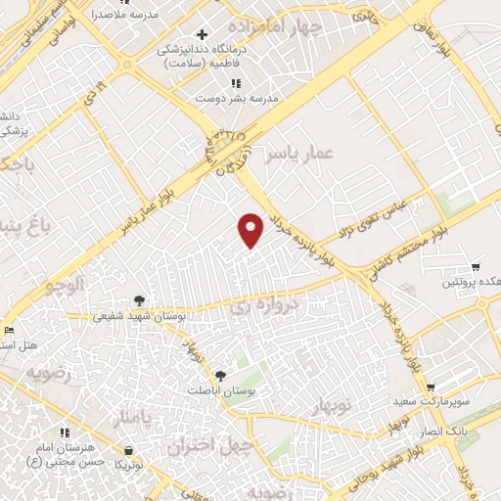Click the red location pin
tap(251, 230)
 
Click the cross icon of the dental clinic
tap(202, 35)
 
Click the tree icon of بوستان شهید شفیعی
tap(139, 301)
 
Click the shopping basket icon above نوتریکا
tap(130, 450)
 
